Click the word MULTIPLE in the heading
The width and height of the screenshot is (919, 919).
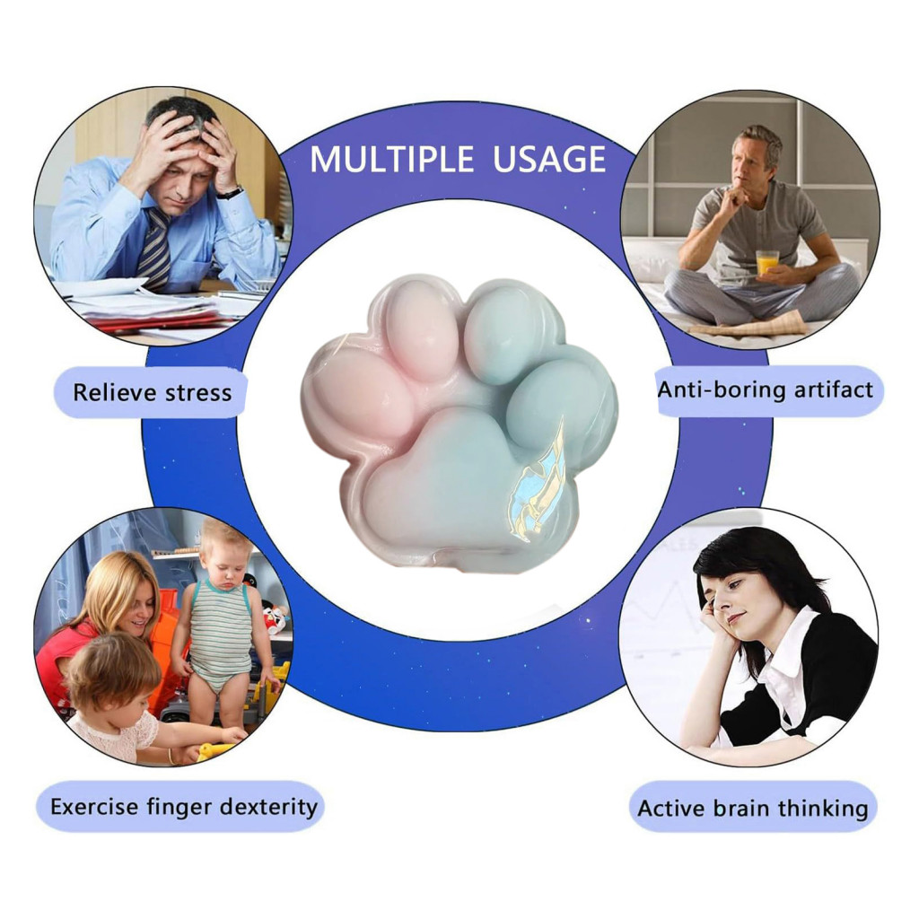tap(391, 159)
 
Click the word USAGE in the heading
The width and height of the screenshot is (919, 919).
tap(549, 159)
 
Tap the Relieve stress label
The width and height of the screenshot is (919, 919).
tap(152, 392)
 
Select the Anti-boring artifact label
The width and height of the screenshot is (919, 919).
tap(766, 389)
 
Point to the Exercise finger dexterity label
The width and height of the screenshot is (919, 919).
tap(183, 807)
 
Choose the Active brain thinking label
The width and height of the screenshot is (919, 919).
tap(753, 809)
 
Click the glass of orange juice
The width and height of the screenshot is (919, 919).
tap(766, 262)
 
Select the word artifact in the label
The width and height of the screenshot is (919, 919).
tap(834, 389)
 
